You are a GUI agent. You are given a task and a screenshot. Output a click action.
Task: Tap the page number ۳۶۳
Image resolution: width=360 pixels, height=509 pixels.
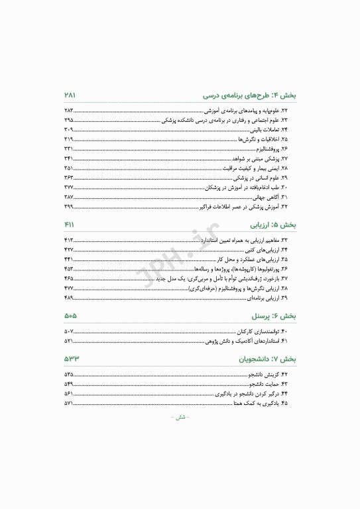tap(69, 178)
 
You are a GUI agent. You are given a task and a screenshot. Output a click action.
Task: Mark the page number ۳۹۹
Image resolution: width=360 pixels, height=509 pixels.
tap(69, 207)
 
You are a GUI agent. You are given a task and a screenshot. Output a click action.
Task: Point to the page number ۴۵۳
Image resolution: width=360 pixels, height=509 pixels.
tap(69, 269)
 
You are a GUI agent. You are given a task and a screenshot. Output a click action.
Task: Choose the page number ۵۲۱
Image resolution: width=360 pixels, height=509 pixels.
tap(69, 341)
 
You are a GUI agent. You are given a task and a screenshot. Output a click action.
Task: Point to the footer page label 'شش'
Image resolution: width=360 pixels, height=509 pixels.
tap(180, 418)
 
